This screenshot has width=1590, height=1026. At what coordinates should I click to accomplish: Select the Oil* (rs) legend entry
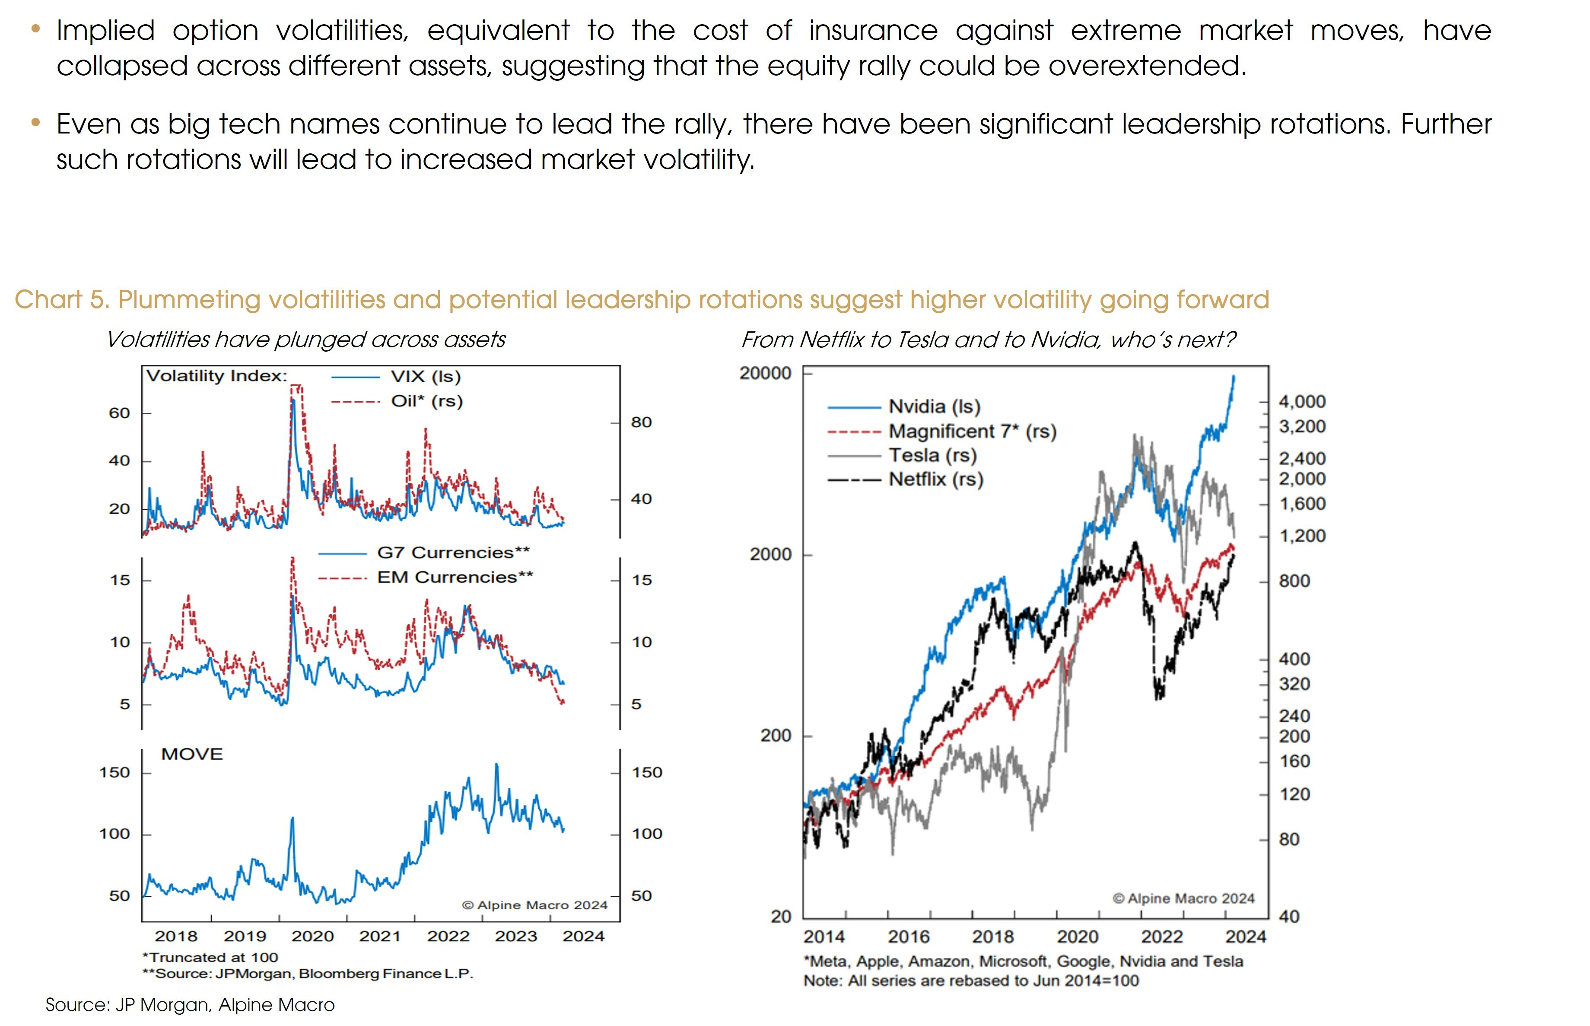point(426,401)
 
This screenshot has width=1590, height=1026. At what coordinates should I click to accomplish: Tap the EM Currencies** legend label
point(455,577)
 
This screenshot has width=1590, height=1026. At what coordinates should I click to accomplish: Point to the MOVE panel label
point(192,754)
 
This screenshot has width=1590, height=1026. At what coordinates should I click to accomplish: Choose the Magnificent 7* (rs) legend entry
point(972,431)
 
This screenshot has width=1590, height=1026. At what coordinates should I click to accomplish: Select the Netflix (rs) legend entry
point(935,479)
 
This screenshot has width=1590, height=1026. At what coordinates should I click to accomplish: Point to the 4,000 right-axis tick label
point(1301,402)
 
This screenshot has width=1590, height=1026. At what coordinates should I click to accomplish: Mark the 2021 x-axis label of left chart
point(380,936)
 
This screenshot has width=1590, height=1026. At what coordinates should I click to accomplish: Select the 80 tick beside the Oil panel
point(641,422)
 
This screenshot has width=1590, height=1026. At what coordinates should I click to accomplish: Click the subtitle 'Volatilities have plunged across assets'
point(305,340)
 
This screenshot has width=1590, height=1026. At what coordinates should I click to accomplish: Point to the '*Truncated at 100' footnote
point(210,957)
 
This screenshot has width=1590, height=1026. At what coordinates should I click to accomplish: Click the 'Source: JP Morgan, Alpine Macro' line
point(190,1005)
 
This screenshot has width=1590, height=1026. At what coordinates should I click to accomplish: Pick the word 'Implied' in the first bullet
point(105,31)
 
